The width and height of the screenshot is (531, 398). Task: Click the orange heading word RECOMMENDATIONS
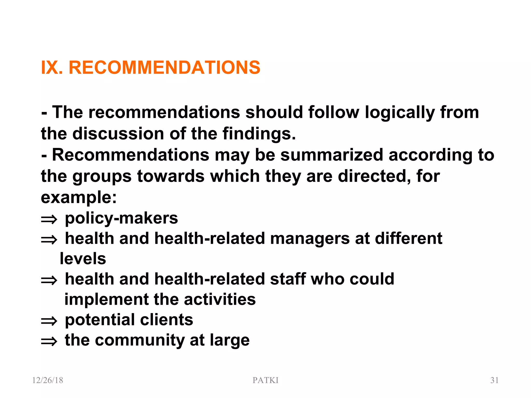(x=164, y=68)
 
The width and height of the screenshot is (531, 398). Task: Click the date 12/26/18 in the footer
(x=47, y=380)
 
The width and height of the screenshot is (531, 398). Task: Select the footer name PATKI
(x=265, y=380)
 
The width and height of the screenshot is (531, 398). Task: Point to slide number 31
(x=494, y=380)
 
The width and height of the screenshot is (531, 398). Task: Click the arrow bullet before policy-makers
(x=49, y=220)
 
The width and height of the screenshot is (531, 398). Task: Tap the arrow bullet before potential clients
(x=49, y=321)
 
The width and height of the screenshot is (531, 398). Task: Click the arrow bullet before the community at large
(x=49, y=342)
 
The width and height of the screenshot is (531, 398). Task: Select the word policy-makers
(x=121, y=218)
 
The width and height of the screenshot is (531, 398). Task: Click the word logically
(x=400, y=113)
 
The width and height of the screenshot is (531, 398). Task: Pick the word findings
(x=259, y=134)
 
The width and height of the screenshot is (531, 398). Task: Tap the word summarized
(x=332, y=155)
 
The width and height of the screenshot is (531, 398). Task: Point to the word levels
(x=83, y=259)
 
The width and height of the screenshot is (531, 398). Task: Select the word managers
(x=310, y=239)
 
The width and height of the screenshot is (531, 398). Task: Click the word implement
(x=107, y=299)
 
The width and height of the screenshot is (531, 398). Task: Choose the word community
(x=140, y=340)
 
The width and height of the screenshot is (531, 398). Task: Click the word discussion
(x=118, y=134)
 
